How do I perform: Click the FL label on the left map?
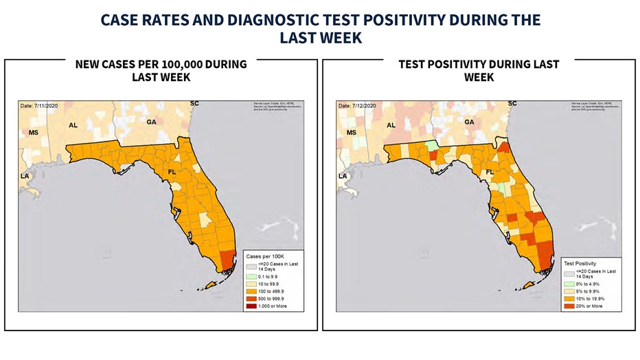tap(173, 172)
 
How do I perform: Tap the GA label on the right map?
tap(470, 122)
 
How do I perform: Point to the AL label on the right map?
tap(391, 125)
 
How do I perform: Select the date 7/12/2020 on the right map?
tap(356, 106)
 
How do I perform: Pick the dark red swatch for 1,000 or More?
tap(252, 306)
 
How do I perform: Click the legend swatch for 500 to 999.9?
tap(252, 298)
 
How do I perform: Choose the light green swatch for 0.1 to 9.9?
tap(252, 276)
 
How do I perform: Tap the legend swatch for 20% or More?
tap(569, 306)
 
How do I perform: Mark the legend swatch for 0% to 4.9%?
tap(569, 284)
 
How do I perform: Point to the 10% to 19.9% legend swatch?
tap(569, 298)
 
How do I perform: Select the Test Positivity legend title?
tap(581, 263)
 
